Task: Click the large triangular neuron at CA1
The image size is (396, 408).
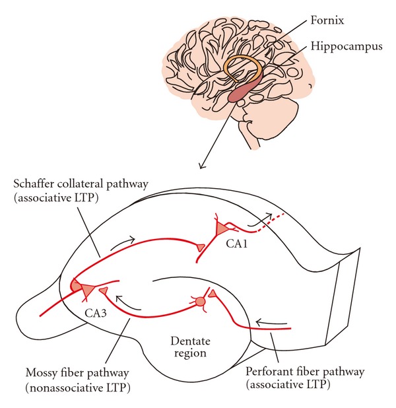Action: click(220, 228)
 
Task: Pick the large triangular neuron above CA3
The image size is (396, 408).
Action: click(86, 288)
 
